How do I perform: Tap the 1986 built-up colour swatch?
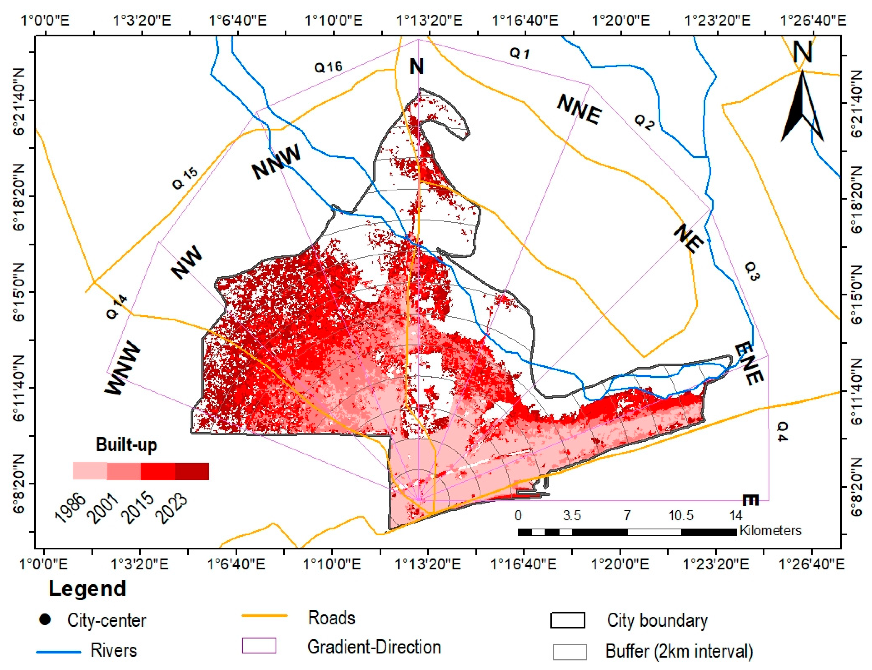click(x=90, y=471)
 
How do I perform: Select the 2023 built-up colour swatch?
click(x=192, y=471)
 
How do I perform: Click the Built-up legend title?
click(x=127, y=445)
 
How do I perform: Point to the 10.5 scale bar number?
click(x=681, y=515)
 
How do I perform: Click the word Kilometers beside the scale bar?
click(x=770, y=530)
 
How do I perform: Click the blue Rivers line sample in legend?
click(x=59, y=652)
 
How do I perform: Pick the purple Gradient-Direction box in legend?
click(x=259, y=646)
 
